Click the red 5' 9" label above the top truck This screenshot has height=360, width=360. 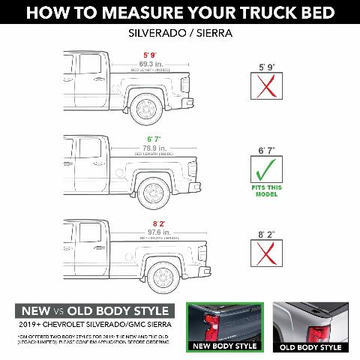pyautogui.click(x=151, y=55)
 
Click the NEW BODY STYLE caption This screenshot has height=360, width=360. pyautogui.click(x=225, y=347)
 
